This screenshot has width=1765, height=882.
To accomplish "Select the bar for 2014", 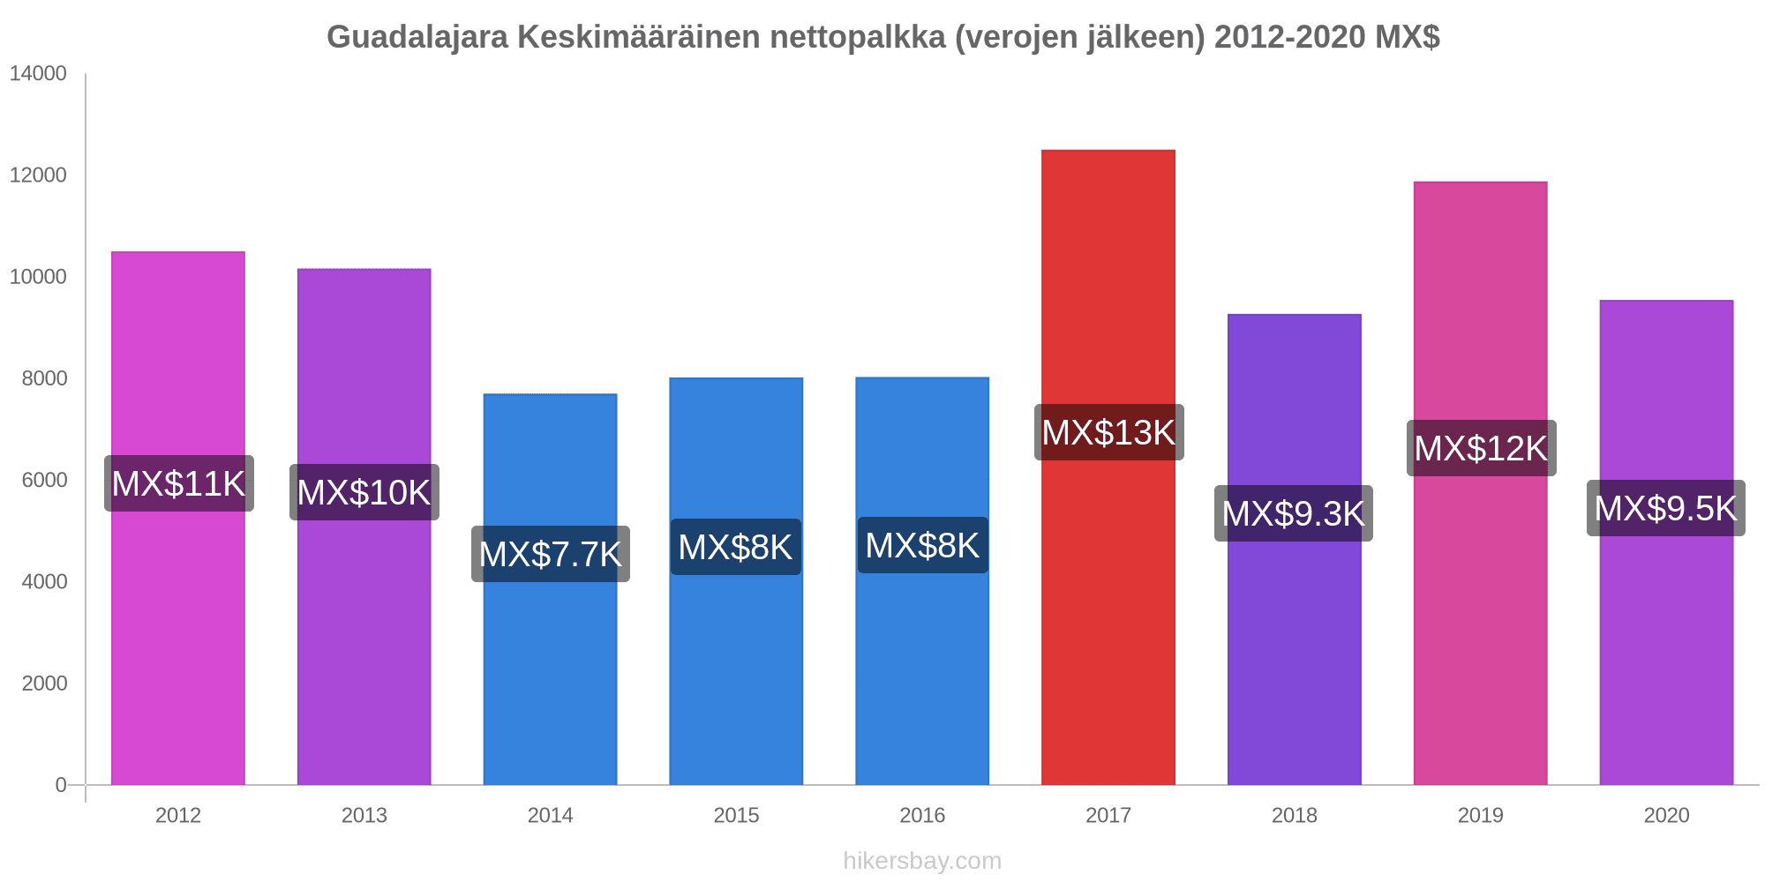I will click(550, 670).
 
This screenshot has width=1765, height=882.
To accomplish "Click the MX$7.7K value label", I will click(550, 554).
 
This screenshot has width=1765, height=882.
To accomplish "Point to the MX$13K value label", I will click(1108, 432).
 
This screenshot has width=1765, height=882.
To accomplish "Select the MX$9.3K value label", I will click(1293, 513).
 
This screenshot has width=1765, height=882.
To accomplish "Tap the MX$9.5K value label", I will click(1665, 508).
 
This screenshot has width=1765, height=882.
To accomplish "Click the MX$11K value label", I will click(179, 483).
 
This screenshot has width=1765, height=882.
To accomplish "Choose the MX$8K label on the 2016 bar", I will click(922, 545).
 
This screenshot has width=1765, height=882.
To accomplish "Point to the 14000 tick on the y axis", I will click(38, 74).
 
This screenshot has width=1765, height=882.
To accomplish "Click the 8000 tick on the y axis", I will click(43, 378).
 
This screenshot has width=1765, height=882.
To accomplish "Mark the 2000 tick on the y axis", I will click(43, 684).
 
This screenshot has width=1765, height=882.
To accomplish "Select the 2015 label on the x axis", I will click(736, 815).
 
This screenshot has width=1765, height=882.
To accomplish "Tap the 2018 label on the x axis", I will click(1294, 815).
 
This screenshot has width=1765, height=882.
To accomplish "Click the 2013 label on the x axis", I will click(364, 815).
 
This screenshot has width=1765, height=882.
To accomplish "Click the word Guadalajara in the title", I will click(417, 37).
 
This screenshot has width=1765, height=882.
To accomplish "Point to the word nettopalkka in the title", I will click(858, 37).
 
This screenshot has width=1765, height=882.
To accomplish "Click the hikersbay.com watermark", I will click(922, 861).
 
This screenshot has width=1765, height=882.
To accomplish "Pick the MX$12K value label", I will click(1481, 448).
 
